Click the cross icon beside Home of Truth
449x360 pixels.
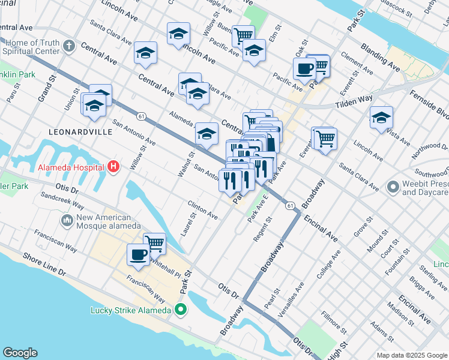(x=69, y=46)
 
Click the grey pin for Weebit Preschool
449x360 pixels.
(x=393, y=188)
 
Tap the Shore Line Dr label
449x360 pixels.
(x=44, y=264)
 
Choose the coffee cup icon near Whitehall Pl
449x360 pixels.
(x=138, y=254)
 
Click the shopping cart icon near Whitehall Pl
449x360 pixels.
(x=154, y=243)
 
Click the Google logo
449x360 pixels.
(x=20, y=353)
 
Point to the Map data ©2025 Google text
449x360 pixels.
(x=412, y=355)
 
